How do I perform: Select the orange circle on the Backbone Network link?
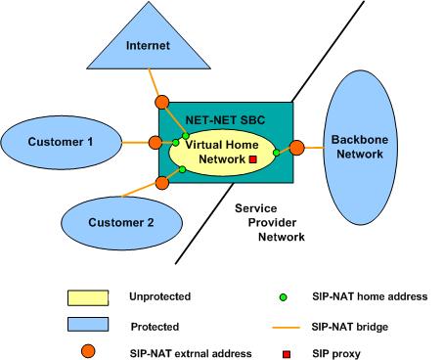(295, 148)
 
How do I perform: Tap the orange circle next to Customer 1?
(155, 143)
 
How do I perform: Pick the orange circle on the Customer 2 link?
(160, 182)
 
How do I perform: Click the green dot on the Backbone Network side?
(277, 152)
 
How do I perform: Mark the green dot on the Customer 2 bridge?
(183, 169)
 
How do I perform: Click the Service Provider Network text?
(268, 222)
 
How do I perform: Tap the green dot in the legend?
(283, 295)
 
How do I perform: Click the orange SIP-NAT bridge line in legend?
(283, 322)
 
